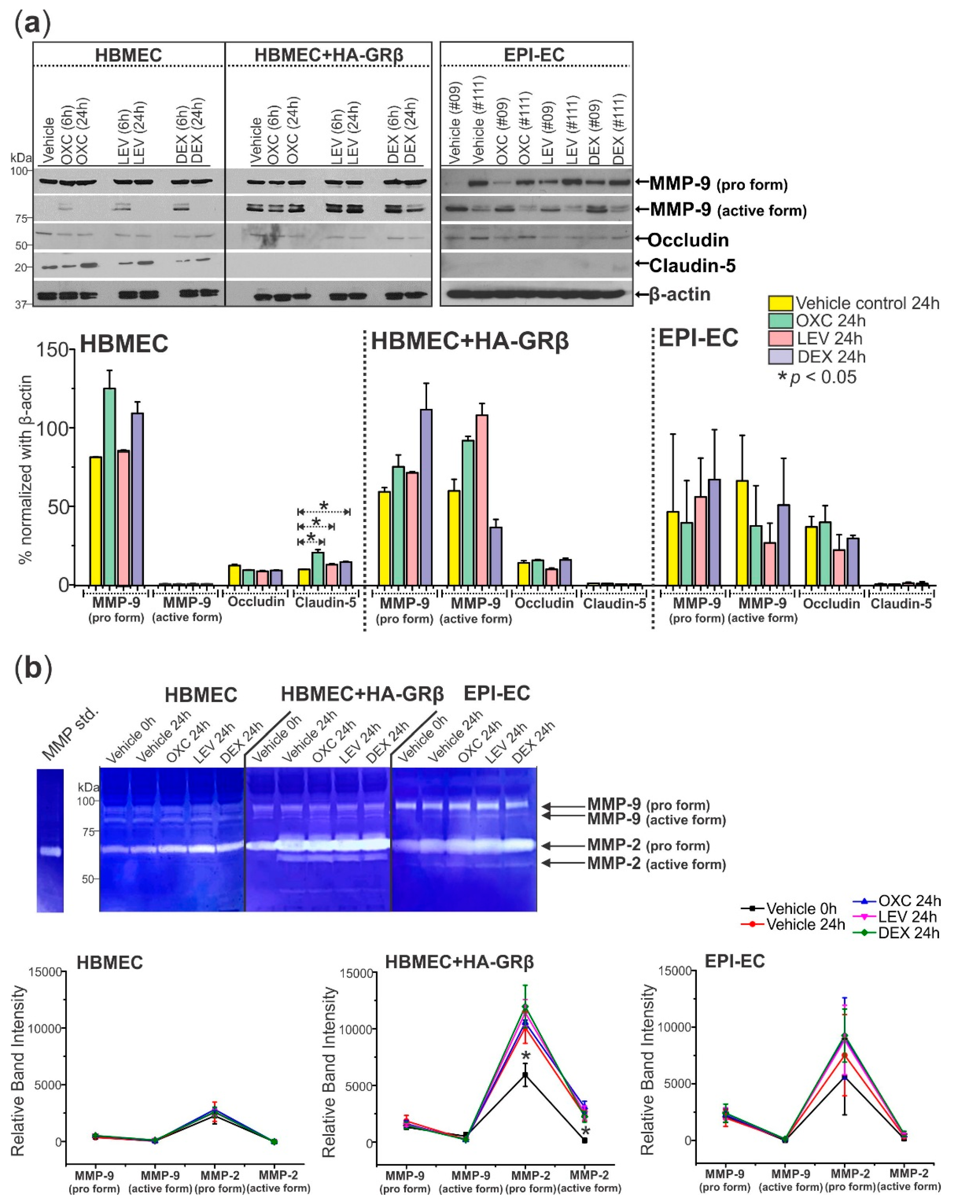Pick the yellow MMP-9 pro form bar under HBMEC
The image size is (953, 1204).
coord(95,521)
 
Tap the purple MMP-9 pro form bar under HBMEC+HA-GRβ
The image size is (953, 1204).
coord(426,497)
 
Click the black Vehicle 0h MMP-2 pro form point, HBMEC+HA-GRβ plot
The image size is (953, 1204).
coord(525,1074)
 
